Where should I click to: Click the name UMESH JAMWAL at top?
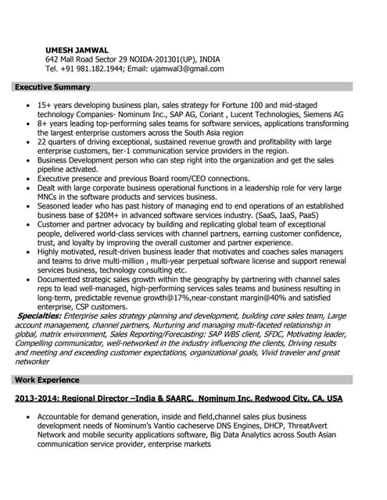pyautogui.click(x=77, y=50)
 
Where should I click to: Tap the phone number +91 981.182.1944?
pyautogui.click(x=96, y=69)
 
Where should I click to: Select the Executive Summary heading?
pyautogui.click(x=52, y=87)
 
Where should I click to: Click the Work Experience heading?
pyautogui.click(x=47, y=380)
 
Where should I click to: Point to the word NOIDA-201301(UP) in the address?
pyautogui.click(x=157, y=59)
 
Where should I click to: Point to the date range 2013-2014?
pyautogui.click(x=38, y=398)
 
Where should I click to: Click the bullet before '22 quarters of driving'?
pyautogui.click(x=29, y=142)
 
